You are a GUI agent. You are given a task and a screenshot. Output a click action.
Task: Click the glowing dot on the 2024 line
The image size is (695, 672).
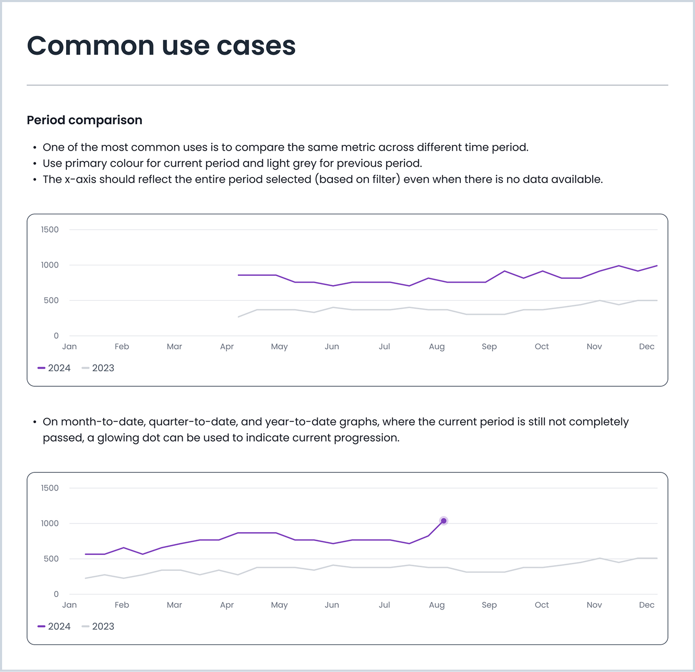444,521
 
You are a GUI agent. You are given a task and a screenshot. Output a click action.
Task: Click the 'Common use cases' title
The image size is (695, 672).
161,46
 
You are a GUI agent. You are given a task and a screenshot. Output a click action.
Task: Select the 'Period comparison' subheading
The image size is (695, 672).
85,120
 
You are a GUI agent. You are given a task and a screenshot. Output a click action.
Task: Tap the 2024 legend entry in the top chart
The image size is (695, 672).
54,368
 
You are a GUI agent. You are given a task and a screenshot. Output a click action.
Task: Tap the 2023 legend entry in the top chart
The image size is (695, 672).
98,368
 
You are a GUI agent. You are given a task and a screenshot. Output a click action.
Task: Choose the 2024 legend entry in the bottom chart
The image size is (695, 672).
54,627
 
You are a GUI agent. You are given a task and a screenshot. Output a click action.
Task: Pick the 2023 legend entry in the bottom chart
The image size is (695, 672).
98,627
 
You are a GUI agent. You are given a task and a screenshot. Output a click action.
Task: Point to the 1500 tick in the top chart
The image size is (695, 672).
50,230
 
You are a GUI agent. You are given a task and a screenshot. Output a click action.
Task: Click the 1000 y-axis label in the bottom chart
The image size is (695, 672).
50,523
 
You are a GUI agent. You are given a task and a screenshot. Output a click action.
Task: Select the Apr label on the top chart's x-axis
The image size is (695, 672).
227,347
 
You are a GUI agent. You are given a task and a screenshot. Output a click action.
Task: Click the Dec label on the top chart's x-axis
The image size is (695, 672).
646,347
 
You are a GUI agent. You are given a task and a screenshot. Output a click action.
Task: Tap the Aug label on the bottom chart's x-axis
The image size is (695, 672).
437,605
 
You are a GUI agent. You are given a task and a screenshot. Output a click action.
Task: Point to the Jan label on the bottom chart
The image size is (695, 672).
69,605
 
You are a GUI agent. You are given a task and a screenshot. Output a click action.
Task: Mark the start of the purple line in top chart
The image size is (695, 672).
238,275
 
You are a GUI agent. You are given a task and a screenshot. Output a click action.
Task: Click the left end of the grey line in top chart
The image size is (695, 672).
238,317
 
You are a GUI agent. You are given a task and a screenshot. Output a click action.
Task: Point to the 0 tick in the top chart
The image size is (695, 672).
56,336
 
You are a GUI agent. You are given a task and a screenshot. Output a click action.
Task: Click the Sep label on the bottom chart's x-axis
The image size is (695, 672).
489,605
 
